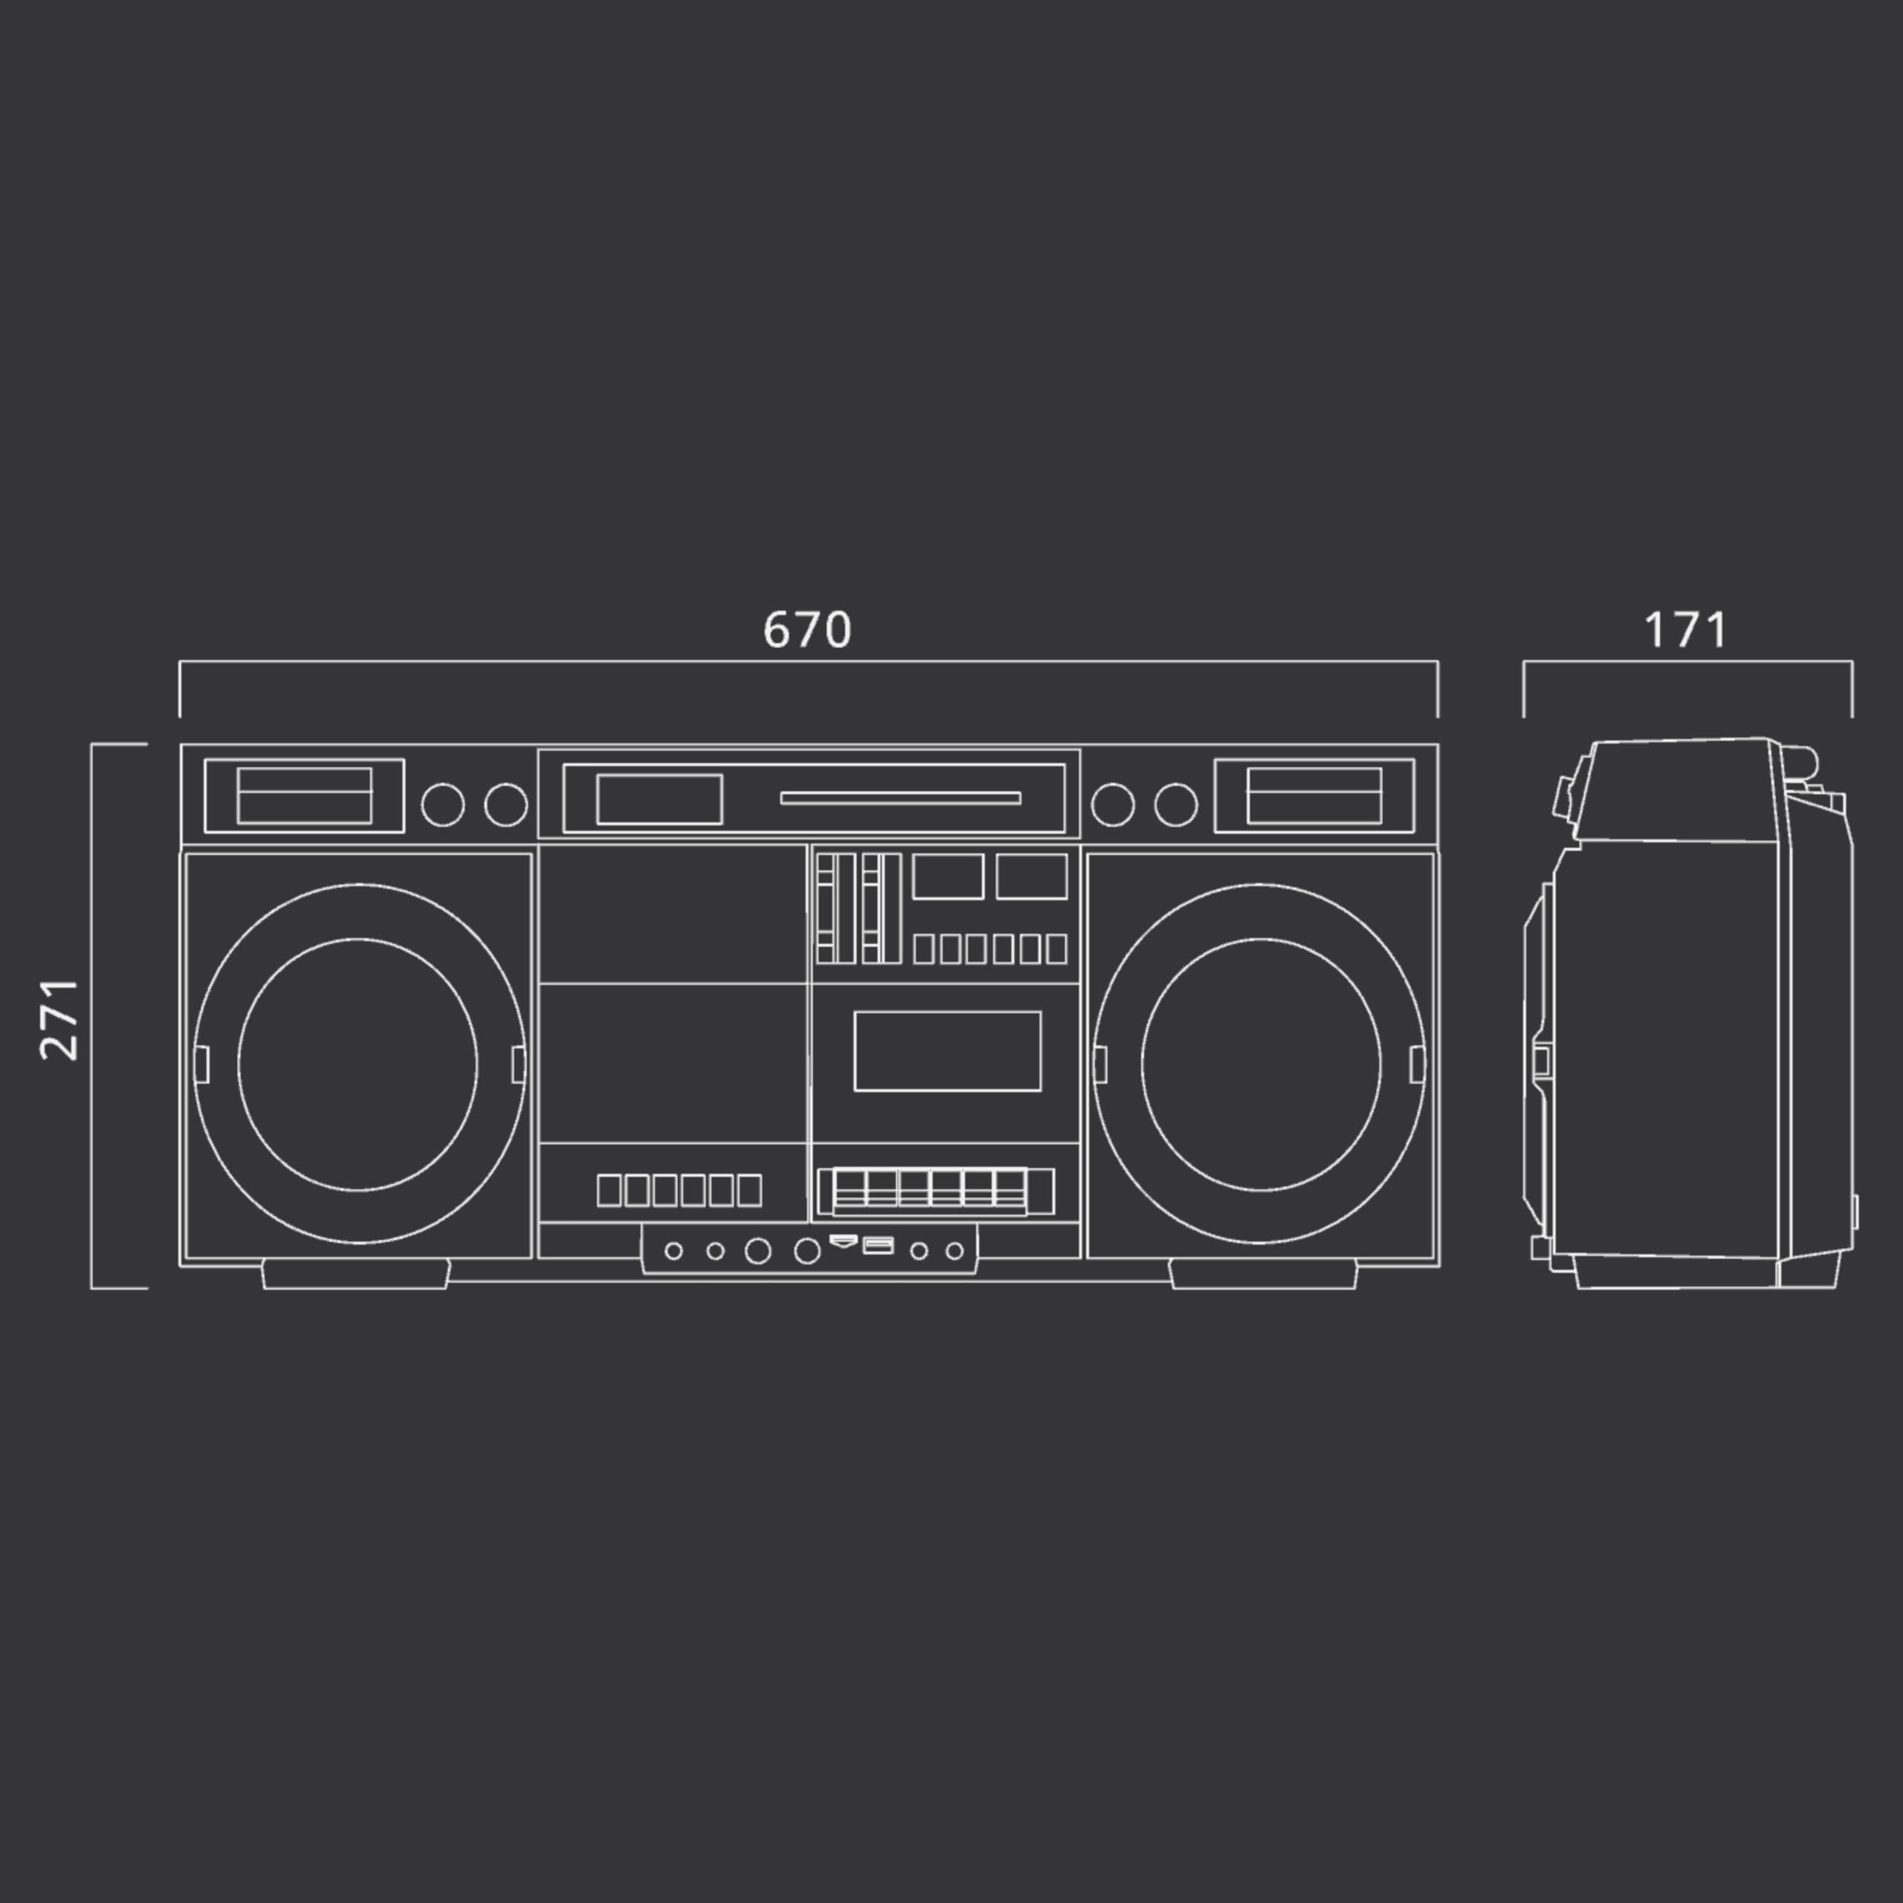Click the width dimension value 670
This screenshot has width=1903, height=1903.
tap(807, 630)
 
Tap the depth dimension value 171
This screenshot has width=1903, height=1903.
tap(1685, 630)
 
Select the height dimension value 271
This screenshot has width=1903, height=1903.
tap(60, 1019)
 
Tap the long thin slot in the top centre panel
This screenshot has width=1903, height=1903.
tap(900, 798)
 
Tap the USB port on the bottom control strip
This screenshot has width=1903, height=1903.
tap(878, 1246)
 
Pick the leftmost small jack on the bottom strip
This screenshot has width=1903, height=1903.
tap(673, 1251)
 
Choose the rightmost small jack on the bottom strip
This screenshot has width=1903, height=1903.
tap(954, 1251)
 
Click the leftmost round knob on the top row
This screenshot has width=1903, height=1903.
tap(443, 805)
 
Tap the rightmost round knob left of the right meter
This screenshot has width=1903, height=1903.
tap(1176, 805)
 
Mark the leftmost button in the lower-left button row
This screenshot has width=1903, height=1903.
tap(610, 1191)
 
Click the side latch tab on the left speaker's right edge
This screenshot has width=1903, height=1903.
tap(519, 1064)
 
